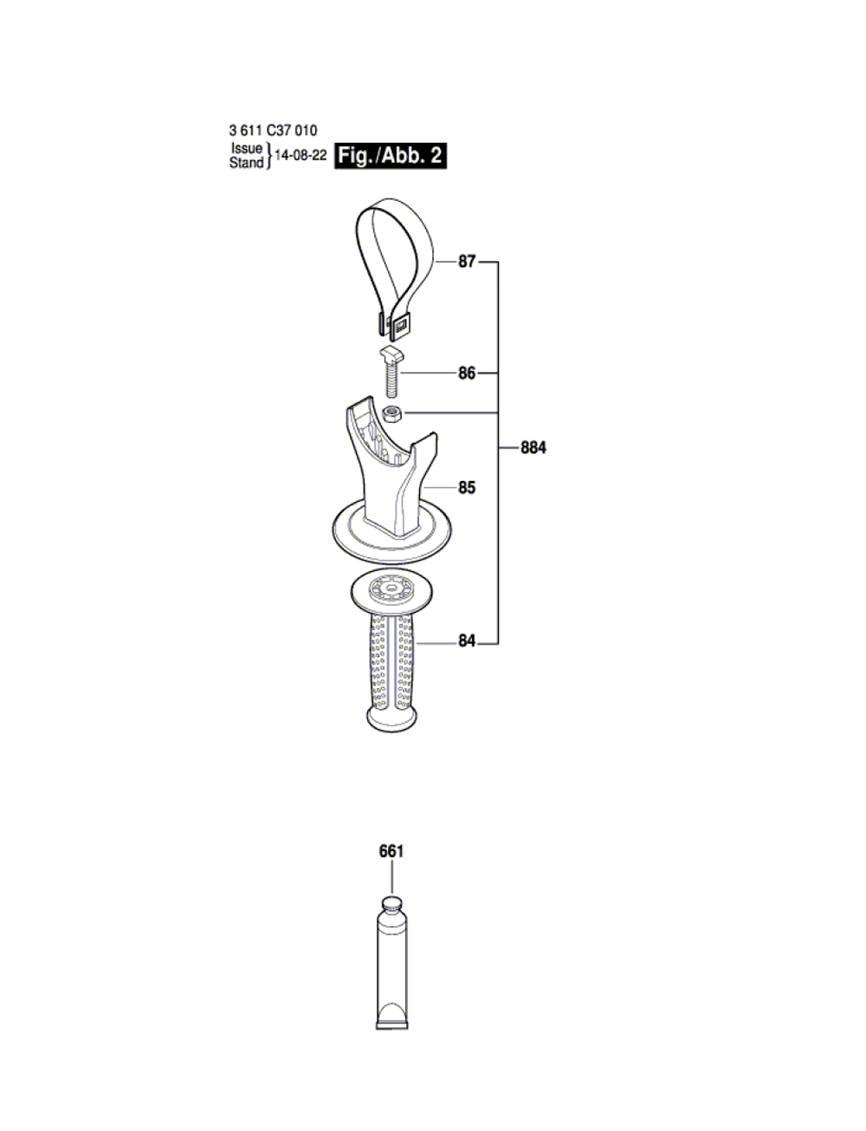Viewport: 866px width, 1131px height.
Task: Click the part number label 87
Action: (x=467, y=261)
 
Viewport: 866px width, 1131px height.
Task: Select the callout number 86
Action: (x=467, y=374)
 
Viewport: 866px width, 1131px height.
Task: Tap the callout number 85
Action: (x=467, y=488)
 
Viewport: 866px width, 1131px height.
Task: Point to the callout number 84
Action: (x=467, y=641)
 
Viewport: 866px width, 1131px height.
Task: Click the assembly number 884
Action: (x=533, y=447)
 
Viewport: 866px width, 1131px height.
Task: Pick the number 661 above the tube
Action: (x=391, y=852)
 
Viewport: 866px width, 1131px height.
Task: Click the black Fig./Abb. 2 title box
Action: (x=391, y=156)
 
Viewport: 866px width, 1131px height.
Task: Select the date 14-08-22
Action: (x=301, y=155)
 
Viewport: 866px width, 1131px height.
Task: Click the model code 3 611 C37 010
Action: (x=273, y=130)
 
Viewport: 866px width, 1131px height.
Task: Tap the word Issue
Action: (x=247, y=148)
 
